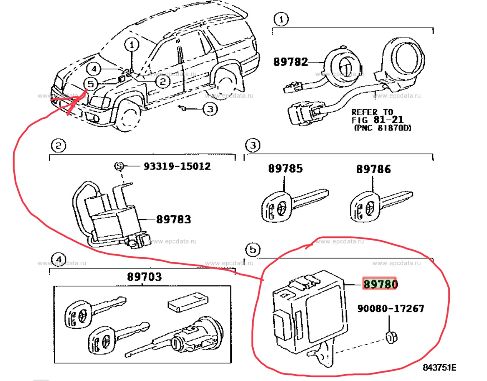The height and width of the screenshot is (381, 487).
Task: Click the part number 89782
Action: click(290, 61)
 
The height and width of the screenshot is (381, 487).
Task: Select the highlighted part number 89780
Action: click(380, 284)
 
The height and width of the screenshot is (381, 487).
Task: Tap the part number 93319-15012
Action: click(177, 166)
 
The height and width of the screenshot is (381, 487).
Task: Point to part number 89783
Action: click(173, 219)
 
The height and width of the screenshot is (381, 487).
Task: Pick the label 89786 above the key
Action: click(373, 169)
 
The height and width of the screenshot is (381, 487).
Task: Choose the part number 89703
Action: click(145, 276)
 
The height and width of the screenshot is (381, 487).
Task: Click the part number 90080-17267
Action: click(391, 308)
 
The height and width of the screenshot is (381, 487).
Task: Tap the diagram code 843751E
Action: click(439, 367)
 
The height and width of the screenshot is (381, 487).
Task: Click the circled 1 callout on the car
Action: click(132, 45)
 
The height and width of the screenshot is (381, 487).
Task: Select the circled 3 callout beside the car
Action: click(210, 109)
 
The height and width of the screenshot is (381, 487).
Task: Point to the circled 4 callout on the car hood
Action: click(94, 69)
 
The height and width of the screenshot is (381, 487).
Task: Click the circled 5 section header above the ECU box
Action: click(253, 249)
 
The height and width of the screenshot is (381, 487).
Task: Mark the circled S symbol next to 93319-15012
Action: click(119, 166)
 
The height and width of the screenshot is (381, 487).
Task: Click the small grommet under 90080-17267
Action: click(391, 338)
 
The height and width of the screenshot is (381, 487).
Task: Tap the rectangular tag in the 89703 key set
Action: click(188, 302)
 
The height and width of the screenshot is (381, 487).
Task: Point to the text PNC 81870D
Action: click(383, 128)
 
